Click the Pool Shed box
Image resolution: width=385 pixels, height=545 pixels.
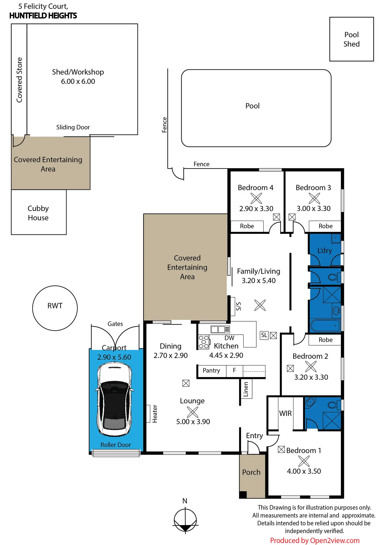point(351,39)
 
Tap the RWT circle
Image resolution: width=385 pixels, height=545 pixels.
point(55,308)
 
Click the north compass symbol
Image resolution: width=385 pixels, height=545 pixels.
point(185,520)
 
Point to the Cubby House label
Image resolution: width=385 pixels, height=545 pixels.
point(38,213)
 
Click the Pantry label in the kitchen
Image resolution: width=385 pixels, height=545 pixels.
point(211,370)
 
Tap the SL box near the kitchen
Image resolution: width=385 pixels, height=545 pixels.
point(264,335)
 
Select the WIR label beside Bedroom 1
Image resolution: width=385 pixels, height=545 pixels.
point(285,413)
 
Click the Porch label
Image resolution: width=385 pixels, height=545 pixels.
point(251,472)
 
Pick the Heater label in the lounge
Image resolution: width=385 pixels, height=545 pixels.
point(155,414)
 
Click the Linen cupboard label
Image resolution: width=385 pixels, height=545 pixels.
point(246,389)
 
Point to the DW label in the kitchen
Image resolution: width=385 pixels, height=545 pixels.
point(229,338)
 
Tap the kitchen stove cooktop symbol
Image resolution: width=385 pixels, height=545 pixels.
point(204,342)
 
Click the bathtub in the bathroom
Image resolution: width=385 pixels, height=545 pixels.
point(325,326)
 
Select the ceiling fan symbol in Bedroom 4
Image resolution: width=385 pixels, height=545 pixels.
point(256,198)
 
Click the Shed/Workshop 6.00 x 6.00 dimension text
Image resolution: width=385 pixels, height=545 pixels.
point(78,81)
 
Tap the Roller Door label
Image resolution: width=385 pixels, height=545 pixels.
point(116,445)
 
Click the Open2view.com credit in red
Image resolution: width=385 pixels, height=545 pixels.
point(315,541)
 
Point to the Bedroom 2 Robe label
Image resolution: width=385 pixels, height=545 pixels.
point(325,340)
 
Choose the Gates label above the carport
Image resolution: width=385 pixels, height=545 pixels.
point(115,324)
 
